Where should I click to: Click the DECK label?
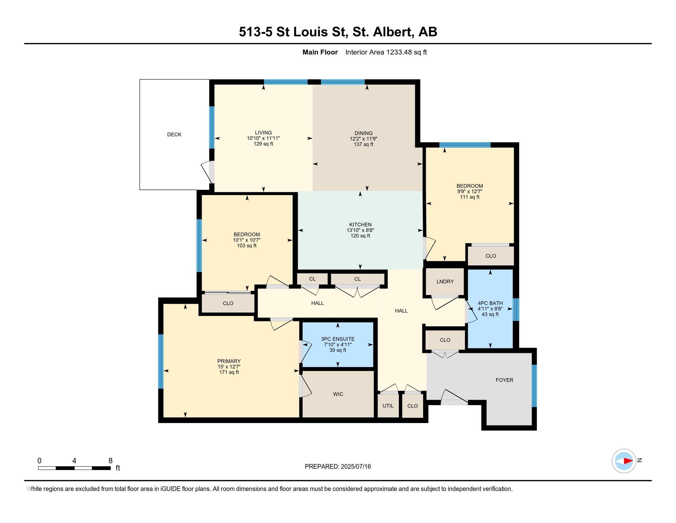coord(174,134)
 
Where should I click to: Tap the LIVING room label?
coord(263,133)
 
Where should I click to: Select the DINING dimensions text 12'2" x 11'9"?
coord(364,139)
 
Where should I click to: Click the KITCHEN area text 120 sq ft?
coord(360,236)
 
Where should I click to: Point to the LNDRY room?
coord(445,281)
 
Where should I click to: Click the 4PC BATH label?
coord(490,303)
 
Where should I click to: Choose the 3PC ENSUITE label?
coord(337,339)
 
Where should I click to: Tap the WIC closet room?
coord(338,394)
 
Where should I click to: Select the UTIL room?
coord(388,405)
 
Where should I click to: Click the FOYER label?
coord(504,380)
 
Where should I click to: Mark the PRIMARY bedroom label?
coord(229,361)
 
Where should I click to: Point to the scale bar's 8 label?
coord(111,461)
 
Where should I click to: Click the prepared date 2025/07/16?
coord(355,466)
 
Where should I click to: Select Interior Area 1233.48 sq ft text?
coord(386,52)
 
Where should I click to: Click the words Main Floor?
coord(320,52)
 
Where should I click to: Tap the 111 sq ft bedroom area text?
coord(469,197)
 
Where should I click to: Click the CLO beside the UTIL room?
coord(412,406)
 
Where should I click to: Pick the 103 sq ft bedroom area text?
coord(246,246)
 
